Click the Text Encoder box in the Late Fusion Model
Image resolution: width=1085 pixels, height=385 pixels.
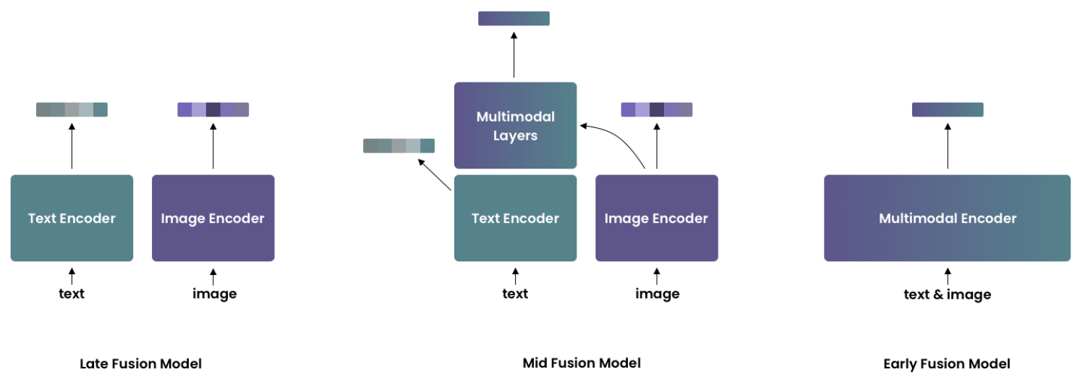pyautogui.click(x=72, y=218)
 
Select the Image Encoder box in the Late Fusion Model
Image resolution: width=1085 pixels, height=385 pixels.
pyautogui.click(x=213, y=218)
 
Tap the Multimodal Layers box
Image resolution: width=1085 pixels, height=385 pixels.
pyautogui.click(x=515, y=125)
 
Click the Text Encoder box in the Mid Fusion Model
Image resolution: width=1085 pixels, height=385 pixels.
pyautogui.click(x=515, y=218)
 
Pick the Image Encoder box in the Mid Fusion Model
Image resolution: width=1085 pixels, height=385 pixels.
pyautogui.click(x=656, y=218)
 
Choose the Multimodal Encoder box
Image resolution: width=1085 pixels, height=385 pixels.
pyautogui.click(x=947, y=218)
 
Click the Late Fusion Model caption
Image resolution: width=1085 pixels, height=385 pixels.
pyautogui.click(x=140, y=363)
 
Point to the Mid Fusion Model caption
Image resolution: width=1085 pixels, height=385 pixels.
pyautogui.click(x=582, y=363)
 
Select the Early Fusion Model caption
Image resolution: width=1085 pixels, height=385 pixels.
pyautogui.click(x=946, y=363)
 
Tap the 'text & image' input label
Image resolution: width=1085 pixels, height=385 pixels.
pyautogui.click(x=947, y=295)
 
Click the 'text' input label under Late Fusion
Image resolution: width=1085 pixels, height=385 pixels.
pyautogui.click(x=72, y=293)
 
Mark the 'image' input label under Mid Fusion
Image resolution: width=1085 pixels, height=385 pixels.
pyautogui.click(x=657, y=293)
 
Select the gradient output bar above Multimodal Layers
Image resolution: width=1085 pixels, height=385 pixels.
pyautogui.click(x=514, y=18)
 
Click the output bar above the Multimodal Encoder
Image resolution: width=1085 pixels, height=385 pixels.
pyautogui.click(x=947, y=109)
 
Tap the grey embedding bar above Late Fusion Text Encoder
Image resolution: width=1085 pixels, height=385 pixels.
pyautogui.click(x=72, y=109)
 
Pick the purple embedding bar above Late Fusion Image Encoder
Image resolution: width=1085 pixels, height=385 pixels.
pyautogui.click(x=213, y=109)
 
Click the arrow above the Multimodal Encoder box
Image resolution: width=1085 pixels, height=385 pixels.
pyautogui.click(x=947, y=145)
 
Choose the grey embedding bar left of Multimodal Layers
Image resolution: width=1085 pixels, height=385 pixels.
pyautogui.click(x=399, y=145)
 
